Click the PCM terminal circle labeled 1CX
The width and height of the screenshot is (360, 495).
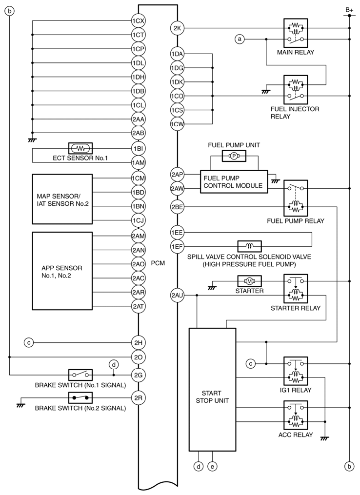(x=138, y=21)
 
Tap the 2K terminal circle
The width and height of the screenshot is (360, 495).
(x=177, y=28)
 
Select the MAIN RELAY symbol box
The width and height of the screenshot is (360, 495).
(x=295, y=33)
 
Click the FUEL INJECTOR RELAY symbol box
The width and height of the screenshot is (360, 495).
(x=295, y=89)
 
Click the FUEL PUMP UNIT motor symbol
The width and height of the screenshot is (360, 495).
(x=234, y=156)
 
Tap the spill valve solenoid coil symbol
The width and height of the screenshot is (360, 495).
(x=249, y=246)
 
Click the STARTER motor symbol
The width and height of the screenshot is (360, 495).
(x=249, y=281)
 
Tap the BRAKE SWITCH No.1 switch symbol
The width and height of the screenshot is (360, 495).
(x=81, y=375)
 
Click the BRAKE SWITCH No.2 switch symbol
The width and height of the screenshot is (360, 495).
(x=81, y=397)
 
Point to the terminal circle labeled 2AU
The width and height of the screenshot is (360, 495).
(x=177, y=295)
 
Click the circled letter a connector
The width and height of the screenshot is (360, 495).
(x=239, y=39)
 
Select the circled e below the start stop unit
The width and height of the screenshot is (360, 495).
(x=212, y=467)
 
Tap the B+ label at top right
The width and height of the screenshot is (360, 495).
(x=349, y=9)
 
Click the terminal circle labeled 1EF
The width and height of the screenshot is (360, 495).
(x=177, y=246)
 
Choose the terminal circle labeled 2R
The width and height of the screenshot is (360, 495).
(x=138, y=397)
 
